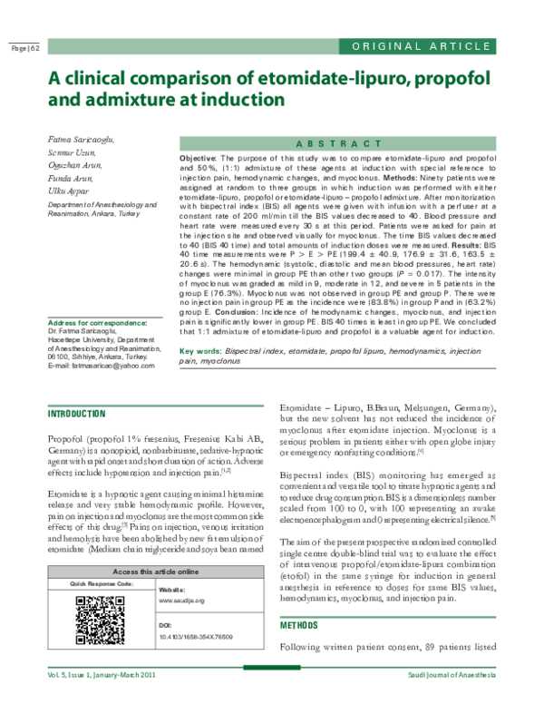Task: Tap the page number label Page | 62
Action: coord(25,48)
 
